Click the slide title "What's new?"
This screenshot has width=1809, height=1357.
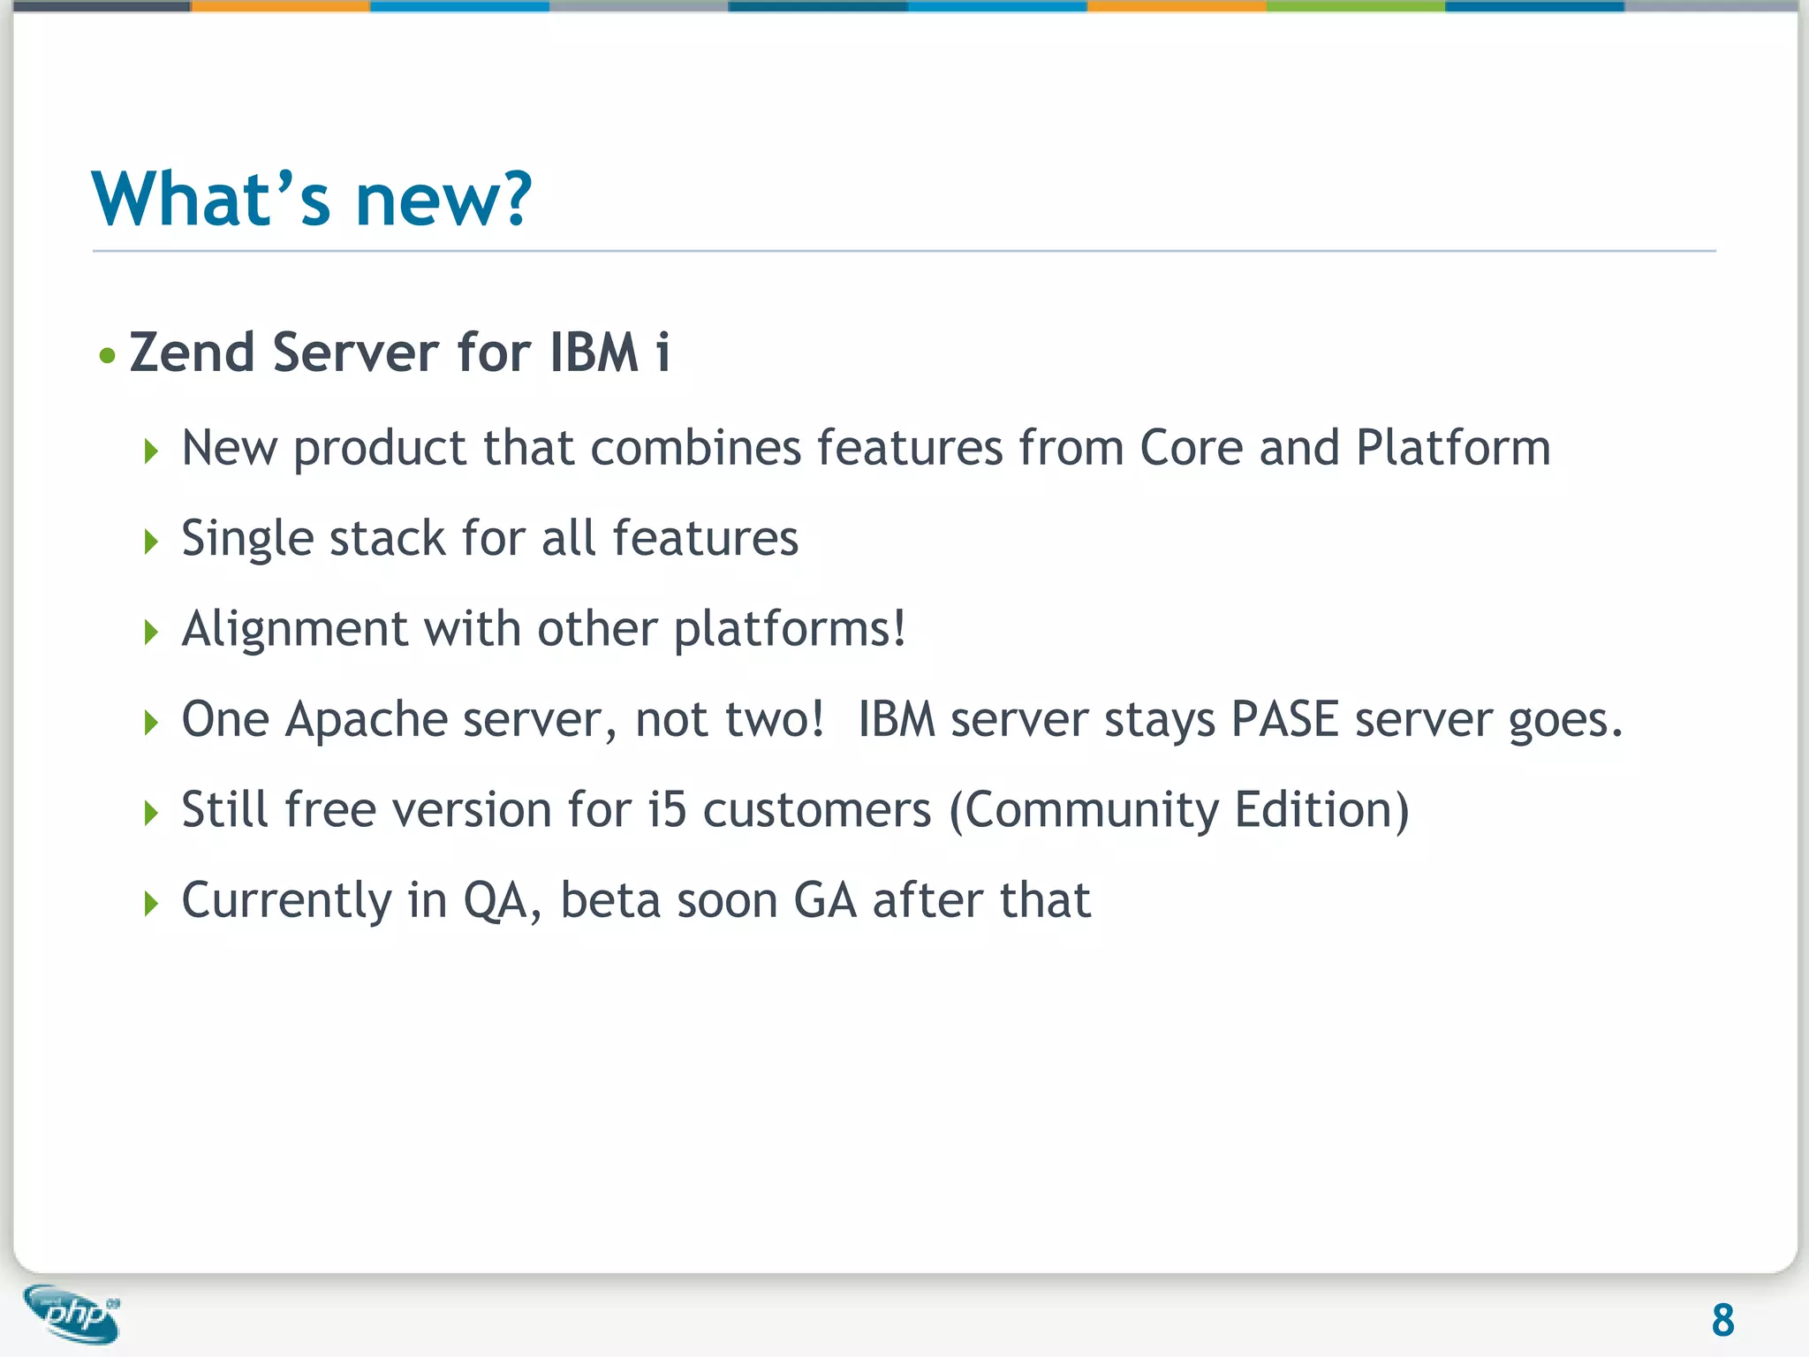point(312,199)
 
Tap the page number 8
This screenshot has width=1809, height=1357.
point(1722,1321)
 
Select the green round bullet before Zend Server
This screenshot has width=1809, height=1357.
point(108,356)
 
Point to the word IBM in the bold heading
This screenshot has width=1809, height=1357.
point(594,353)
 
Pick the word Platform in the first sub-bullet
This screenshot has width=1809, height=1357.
point(1453,448)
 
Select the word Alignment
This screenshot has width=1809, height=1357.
point(295,630)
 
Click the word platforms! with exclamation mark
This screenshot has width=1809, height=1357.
point(790,630)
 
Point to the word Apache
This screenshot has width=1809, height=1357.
point(367,719)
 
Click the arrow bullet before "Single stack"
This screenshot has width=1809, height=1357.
point(151,541)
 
